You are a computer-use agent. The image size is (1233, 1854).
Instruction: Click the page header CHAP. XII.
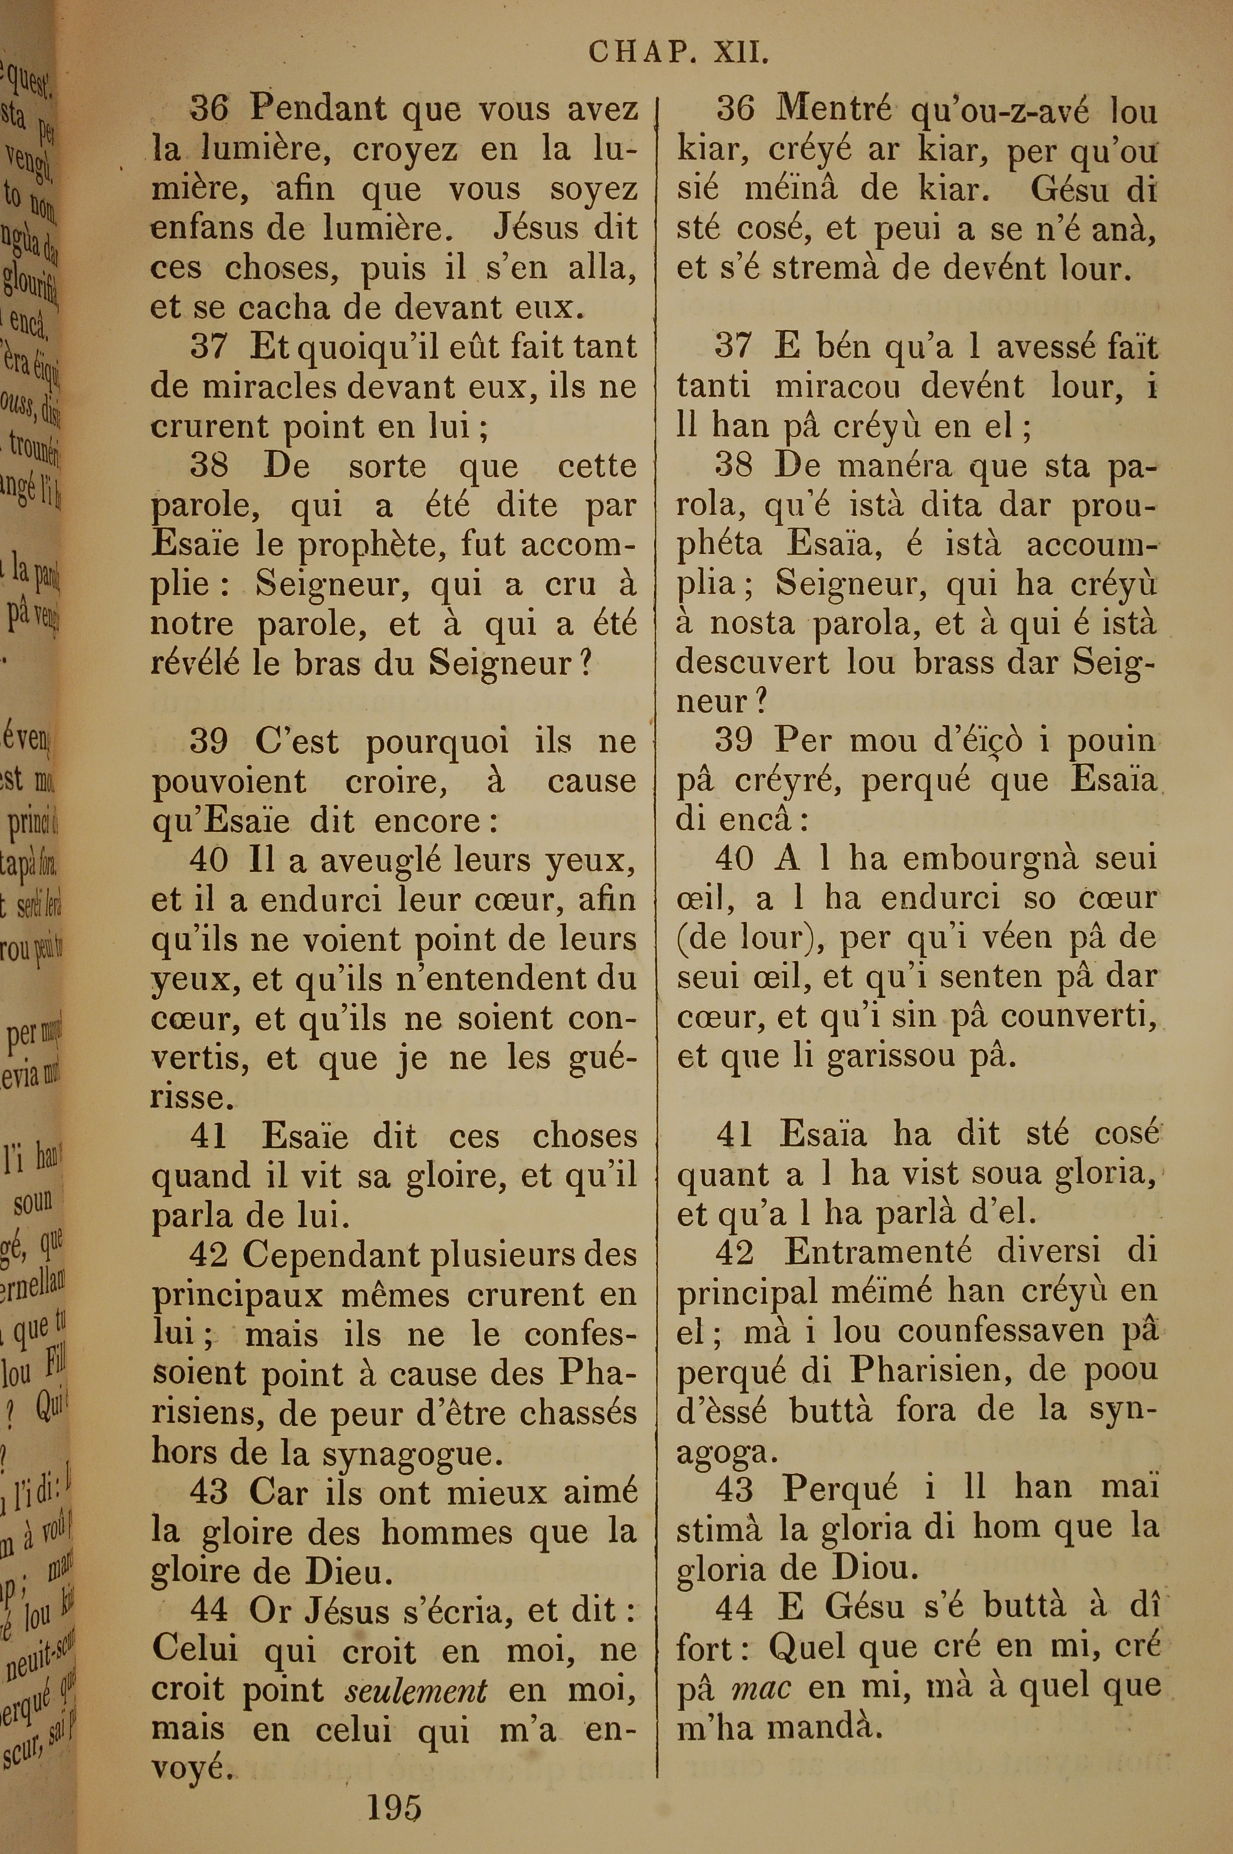point(678,54)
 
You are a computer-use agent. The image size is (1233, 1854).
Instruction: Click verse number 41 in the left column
point(208,1136)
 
